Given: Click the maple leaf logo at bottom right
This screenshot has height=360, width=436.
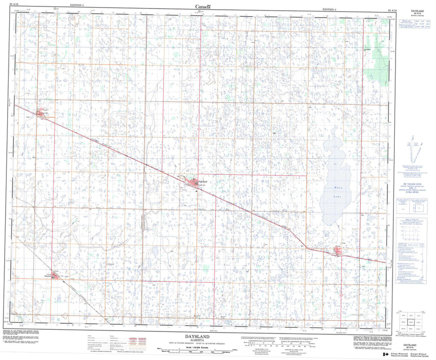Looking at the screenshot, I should pos(385,354).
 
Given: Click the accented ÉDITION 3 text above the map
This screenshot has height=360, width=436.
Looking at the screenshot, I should pos(329,9).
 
